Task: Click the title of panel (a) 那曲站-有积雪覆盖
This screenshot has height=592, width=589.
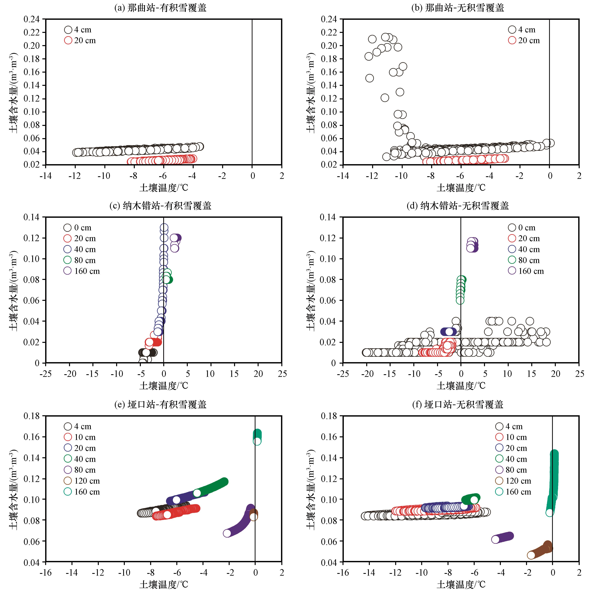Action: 160,8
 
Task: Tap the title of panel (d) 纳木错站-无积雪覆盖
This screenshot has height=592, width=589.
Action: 457,206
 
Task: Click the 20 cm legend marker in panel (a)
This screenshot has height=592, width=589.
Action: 68,40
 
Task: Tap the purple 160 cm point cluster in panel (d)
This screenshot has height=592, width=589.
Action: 472,245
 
